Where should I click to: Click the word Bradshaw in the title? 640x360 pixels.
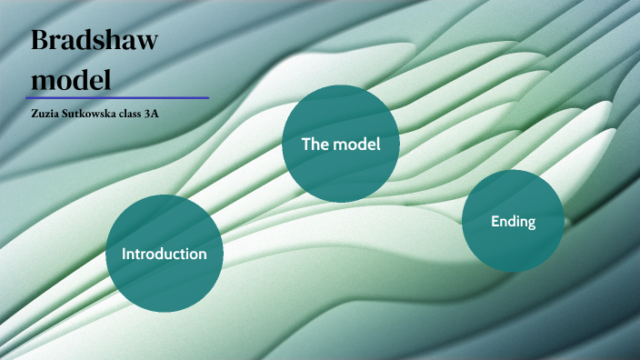point(95,41)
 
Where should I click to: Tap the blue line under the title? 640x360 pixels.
point(117,97)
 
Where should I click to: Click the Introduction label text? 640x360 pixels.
point(165,254)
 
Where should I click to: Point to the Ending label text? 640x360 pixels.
point(513,221)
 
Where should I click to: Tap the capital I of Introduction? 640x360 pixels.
point(124,254)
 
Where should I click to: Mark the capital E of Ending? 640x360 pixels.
point(495,221)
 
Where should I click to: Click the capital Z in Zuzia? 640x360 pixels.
point(34,113)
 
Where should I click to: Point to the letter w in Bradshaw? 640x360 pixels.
point(145,42)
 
